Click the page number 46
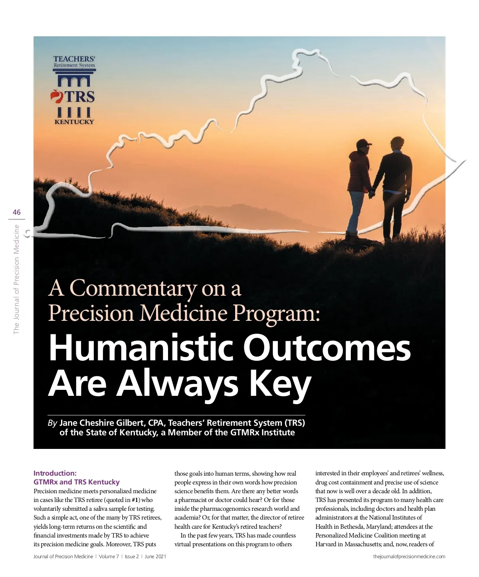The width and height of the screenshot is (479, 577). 17,212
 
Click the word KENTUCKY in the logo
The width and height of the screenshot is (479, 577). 74,122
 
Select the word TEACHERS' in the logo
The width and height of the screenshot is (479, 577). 74,59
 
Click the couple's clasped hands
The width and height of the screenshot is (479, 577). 372,194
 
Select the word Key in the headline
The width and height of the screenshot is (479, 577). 279,383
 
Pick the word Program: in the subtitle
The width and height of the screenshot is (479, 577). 276,313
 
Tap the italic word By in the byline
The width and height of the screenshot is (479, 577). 52,423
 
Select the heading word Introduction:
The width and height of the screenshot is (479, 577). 55,473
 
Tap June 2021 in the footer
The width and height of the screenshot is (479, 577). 155,557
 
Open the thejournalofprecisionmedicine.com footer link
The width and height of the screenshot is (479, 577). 409,557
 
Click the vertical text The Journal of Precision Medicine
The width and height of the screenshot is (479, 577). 16,279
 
